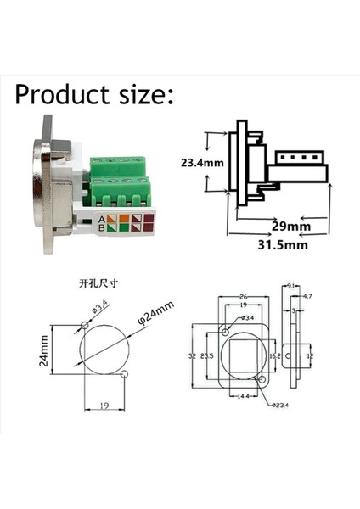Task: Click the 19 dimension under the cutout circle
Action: point(102,406)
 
